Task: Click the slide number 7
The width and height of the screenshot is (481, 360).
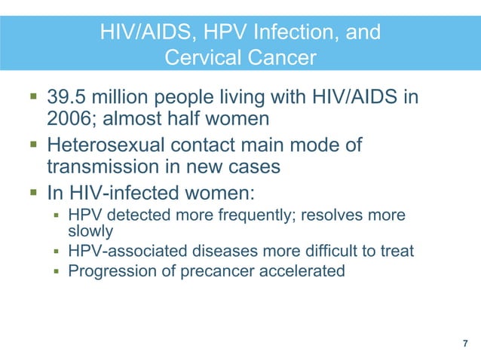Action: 464,343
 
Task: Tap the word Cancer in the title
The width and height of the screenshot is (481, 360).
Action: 280,57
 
